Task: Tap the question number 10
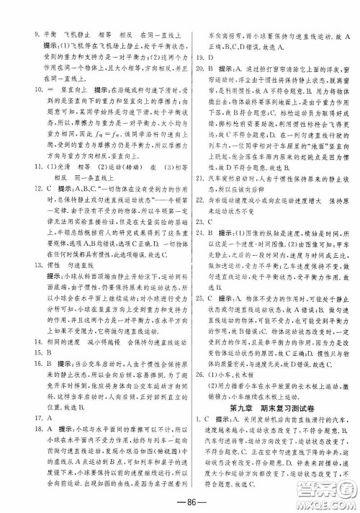[x=36, y=84]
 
